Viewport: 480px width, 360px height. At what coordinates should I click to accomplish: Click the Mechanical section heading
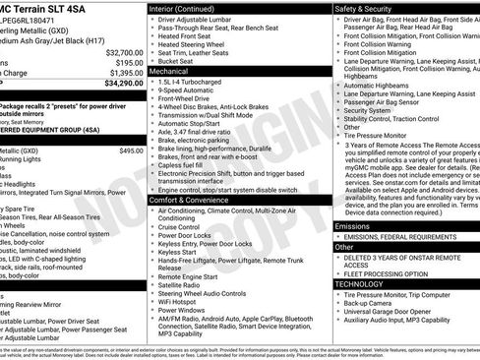tap(171, 72)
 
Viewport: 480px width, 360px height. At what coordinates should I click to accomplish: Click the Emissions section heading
tap(354, 226)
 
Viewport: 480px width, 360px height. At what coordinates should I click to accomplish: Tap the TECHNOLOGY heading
tap(360, 283)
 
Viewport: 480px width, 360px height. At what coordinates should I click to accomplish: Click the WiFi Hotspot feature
tap(182, 299)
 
